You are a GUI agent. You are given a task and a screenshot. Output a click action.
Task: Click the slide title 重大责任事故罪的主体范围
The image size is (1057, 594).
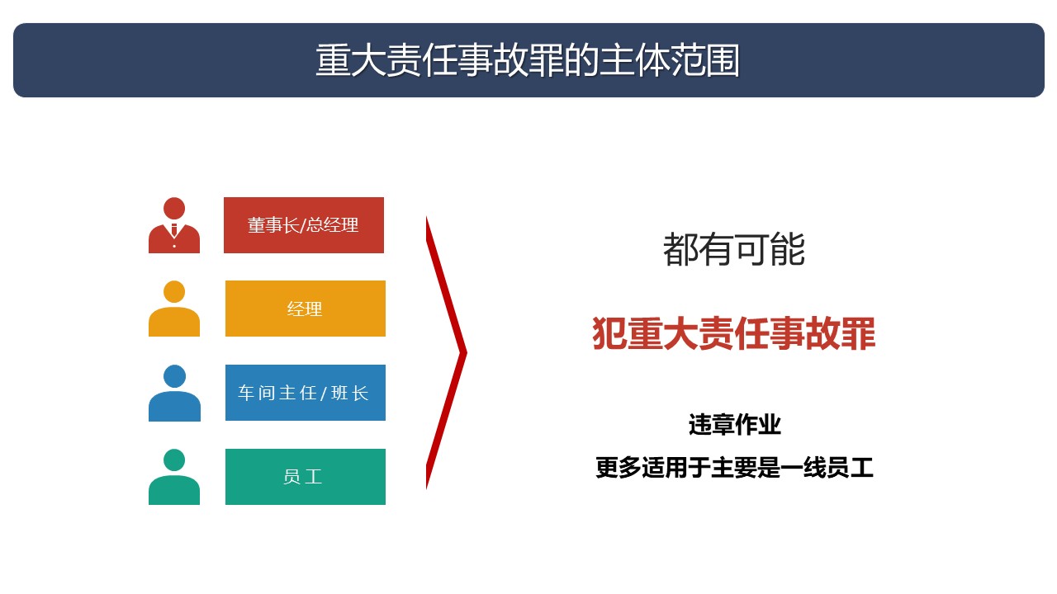coord(528,60)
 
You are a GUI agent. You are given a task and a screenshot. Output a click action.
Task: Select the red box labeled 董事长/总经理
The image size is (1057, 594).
coord(303,225)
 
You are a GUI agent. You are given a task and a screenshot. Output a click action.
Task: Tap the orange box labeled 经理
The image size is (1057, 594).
coord(306,309)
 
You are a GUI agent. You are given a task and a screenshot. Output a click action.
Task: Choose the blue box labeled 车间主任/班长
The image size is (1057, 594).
coord(306,392)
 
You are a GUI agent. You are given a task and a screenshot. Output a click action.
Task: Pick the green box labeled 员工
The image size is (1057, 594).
coord(306,477)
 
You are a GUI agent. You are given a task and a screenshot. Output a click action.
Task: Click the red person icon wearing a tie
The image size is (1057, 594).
coord(174,225)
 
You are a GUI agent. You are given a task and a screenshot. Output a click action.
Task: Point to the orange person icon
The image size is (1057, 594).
coord(174,309)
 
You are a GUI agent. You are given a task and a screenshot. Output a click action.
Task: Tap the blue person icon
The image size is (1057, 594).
coord(174,393)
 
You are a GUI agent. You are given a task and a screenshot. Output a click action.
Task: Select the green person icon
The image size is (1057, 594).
coord(174,477)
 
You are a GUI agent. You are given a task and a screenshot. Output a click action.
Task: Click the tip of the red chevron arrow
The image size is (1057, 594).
coord(467,352)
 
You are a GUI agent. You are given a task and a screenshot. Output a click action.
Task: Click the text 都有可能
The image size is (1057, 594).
coord(734,249)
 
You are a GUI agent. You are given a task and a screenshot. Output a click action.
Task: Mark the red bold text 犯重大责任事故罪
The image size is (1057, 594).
coord(734,333)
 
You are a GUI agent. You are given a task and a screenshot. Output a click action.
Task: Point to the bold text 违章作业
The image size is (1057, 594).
coord(735,424)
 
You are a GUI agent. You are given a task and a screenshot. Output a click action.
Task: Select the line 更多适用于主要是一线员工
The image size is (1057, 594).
coord(734,467)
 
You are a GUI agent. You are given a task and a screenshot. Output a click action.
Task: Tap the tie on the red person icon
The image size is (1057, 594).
coord(174,229)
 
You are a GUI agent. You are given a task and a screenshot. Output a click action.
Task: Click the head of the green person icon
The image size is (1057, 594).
coord(174,460)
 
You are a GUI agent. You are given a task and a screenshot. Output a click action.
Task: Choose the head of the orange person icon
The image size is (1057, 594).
coord(174,291)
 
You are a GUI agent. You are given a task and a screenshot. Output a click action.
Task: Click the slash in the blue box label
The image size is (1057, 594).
coord(324,394)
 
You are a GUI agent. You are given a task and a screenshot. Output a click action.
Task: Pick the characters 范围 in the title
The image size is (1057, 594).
coord(705,60)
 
